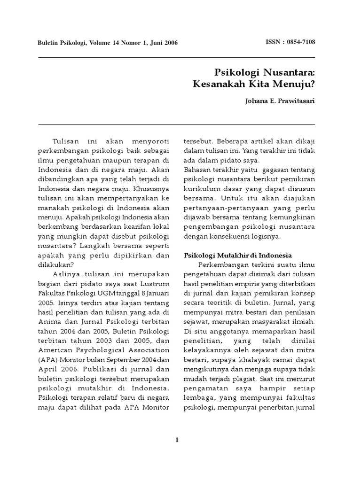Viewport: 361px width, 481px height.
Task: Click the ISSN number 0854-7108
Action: [x=299, y=42]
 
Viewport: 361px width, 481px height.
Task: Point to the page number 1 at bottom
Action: [x=177, y=440]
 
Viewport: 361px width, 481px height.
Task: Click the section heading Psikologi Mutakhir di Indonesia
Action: [x=237, y=255]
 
